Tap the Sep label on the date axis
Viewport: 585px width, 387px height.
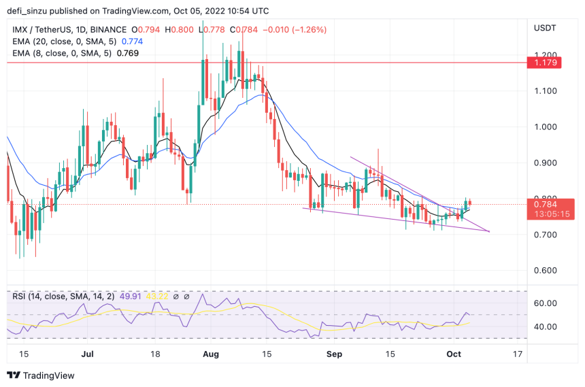333,354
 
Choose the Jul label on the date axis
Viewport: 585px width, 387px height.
88,354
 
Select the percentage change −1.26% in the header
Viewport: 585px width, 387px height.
307,30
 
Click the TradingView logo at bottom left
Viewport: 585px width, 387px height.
41,375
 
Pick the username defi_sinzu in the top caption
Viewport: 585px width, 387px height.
29,10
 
